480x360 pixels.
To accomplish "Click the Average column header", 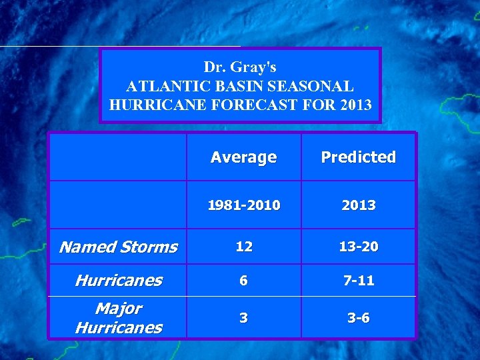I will [243, 157].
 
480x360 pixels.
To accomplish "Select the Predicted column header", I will [358, 157].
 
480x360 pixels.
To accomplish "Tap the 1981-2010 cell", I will [243, 205].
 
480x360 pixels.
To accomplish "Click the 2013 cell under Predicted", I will [358, 205].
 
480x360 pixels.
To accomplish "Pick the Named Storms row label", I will [118, 247].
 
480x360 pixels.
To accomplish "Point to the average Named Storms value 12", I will [244, 247].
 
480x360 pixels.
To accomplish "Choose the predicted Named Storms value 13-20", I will [358, 247].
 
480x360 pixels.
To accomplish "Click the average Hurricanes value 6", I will [244, 281].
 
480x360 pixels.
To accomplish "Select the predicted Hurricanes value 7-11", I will [358, 281].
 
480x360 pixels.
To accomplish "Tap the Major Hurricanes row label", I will [118, 318].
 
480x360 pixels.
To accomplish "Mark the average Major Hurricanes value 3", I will [244, 318].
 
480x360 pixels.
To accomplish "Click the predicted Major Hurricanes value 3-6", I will [358, 318].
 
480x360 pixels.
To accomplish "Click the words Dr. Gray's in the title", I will [240, 67].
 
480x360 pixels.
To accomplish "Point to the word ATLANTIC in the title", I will [161, 86].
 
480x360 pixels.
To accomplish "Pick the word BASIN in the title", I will [233, 86].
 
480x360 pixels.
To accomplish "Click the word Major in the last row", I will [118, 309].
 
